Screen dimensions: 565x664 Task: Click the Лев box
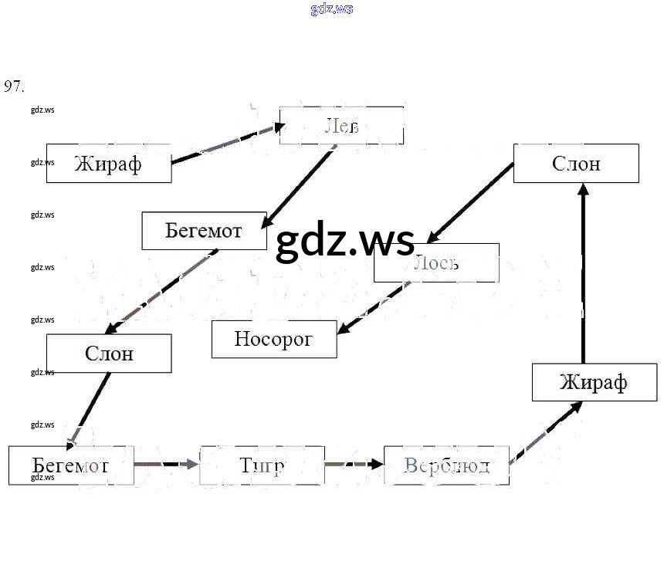coord(341,126)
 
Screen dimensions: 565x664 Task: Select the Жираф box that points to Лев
coord(109,164)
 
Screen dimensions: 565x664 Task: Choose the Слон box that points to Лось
coord(576,164)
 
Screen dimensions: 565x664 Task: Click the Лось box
coord(436,263)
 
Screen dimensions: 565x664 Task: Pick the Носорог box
coord(274,339)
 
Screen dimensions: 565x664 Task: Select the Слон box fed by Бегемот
coord(109,354)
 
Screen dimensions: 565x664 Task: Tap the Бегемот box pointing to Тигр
coord(71,465)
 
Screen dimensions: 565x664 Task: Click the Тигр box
coord(263,465)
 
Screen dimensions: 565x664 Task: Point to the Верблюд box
coord(446,465)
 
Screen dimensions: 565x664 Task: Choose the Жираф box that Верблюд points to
coord(594,382)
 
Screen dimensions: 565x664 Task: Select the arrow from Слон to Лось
coord(471,201)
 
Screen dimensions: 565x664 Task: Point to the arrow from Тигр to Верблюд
coord(354,465)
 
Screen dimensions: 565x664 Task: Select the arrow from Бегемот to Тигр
coord(166,465)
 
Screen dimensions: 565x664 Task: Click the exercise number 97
coord(14,86)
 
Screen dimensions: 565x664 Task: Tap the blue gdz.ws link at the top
coord(332,9)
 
